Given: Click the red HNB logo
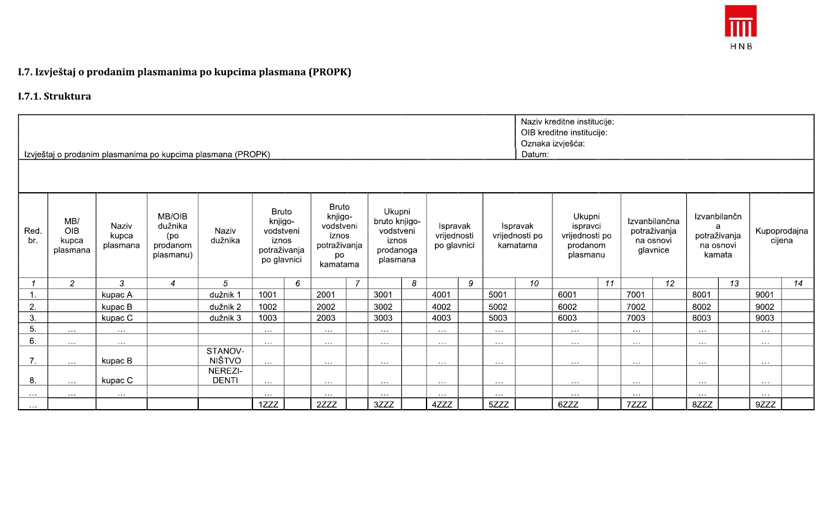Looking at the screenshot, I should (x=740, y=22).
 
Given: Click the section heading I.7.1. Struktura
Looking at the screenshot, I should (x=54, y=96).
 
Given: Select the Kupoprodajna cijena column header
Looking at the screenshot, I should (x=781, y=236).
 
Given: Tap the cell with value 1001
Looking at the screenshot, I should (x=267, y=295).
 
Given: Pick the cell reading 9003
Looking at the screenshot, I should (x=765, y=318).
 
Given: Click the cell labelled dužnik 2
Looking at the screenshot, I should (x=225, y=307).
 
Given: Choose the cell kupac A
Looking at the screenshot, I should (x=117, y=295).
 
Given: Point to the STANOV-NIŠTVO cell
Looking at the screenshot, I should (x=225, y=356).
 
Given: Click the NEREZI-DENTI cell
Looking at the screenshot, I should (x=225, y=376).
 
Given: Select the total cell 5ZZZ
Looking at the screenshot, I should (x=498, y=404).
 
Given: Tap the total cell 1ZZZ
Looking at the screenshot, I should (x=268, y=404).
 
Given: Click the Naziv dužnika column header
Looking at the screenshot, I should (x=225, y=236).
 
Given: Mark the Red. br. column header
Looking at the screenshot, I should (x=33, y=236).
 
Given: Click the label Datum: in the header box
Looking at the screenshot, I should (x=535, y=154).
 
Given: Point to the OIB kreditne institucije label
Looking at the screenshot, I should (x=564, y=133).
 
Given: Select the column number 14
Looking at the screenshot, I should (x=798, y=283).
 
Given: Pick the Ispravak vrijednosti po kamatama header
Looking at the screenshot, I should (x=517, y=236).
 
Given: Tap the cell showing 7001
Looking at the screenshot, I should (x=636, y=295).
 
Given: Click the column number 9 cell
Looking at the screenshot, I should (x=471, y=283).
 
